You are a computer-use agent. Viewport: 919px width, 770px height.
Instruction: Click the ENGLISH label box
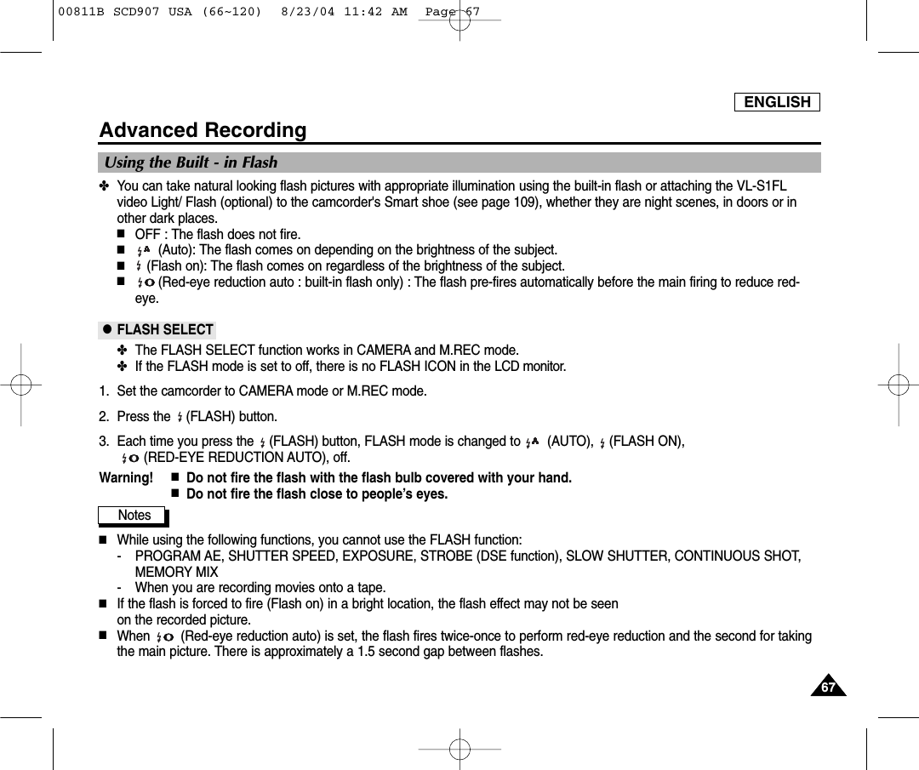tap(777, 102)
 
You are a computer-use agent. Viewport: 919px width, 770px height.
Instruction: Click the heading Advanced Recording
tap(203, 130)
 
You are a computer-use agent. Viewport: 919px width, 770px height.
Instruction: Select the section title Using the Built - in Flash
tap(191, 163)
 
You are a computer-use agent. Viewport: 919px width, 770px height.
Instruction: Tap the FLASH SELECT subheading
tap(164, 329)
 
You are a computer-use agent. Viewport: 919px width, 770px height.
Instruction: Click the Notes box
tap(134, 515)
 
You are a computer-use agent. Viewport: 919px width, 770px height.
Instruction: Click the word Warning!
tap(127, 477)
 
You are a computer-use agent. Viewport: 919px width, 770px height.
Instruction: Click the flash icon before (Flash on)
tap(139, 266)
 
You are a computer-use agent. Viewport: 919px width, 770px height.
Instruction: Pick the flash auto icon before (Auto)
tap(143, 250)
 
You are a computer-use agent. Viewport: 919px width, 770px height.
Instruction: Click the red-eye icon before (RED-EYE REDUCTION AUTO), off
tap(130, 459)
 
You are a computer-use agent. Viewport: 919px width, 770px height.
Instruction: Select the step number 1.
tap(103, 391)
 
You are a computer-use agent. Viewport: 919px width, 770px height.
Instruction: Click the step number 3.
tap(103, 441)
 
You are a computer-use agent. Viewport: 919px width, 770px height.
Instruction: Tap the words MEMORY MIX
tap(176, 572)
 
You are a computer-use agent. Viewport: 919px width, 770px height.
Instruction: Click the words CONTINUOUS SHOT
tap(737, 556)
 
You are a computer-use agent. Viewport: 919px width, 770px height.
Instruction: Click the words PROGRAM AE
tap(176, 556)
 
